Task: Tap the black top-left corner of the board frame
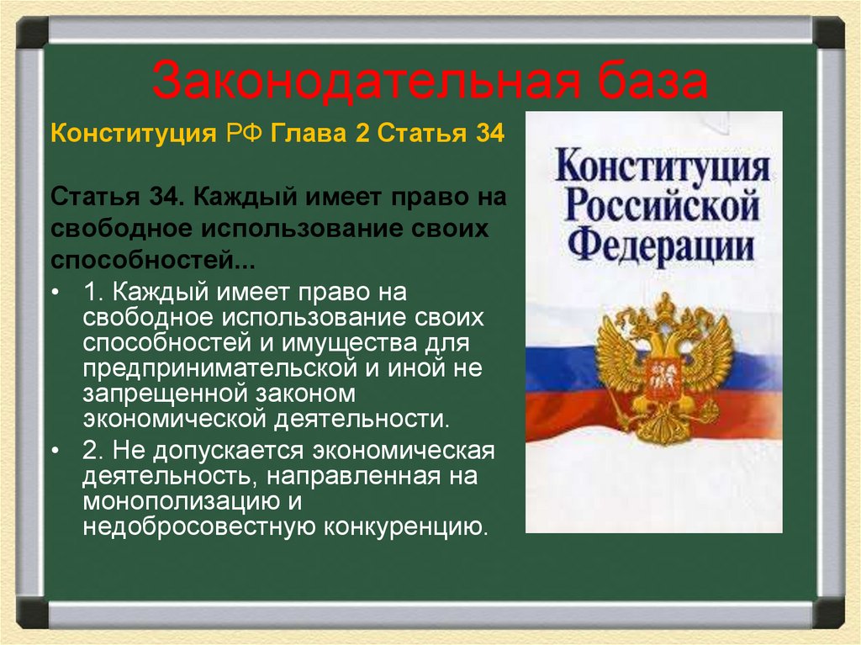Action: tap(32, 34)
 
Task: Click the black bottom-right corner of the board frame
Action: tap(829, 612)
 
